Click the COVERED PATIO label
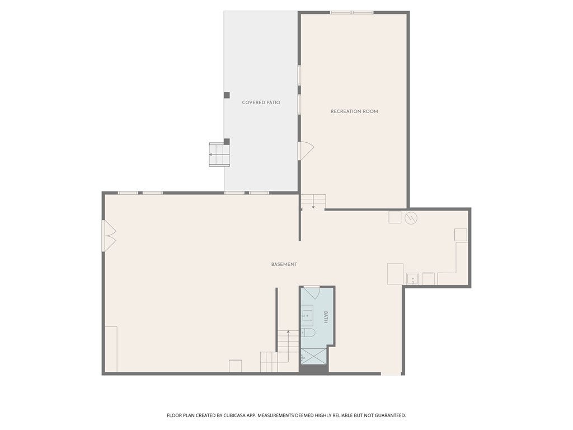[261, 103]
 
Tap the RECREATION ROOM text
[354, 111]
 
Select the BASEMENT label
[284, 264]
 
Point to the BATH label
[326, 317]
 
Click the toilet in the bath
[308, 333]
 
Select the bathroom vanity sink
[307, 316]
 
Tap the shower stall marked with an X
[313, 356]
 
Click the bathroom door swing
[312, 292]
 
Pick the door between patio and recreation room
[305, 151]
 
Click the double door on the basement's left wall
[108, 236]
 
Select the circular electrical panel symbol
[411, 217]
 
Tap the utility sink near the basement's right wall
[412, 278]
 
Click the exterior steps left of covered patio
[219, 155]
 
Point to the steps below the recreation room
[313, 201]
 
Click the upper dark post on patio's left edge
[227, 95]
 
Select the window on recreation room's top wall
[351, 12]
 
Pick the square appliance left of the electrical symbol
[395, 217]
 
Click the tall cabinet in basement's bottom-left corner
[111, 349]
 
